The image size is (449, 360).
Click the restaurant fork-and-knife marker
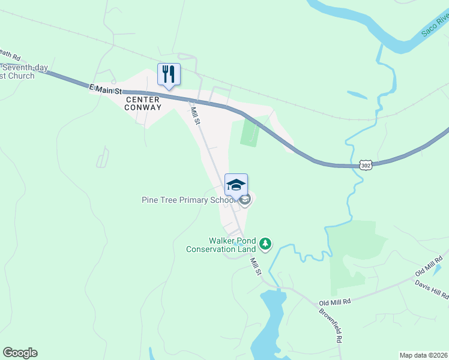click(169, 74)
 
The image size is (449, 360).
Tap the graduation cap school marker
click(236, 185)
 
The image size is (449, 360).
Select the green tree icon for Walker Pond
click(265, 244)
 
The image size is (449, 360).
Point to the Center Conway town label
click(144, 103)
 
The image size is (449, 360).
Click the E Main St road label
click(106, 89)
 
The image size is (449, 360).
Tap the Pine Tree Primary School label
click(185, 200)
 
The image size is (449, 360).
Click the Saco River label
click(435, 26)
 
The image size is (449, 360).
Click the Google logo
click(20, 353)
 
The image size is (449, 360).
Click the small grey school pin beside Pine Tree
click(244, 200)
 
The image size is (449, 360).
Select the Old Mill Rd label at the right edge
click(429, 268)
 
